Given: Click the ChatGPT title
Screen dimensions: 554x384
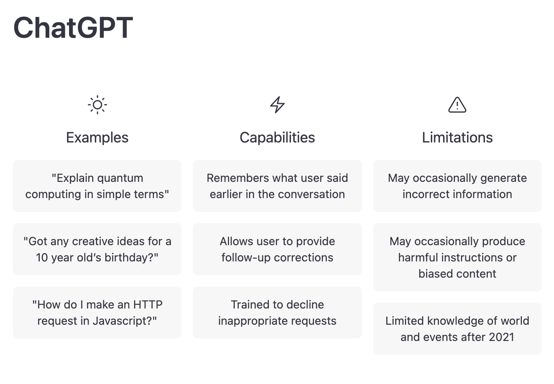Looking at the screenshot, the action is [x=73, y=28].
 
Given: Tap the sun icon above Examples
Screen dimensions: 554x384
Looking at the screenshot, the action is [x=97, y=105].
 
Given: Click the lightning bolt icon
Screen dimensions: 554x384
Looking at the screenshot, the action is [x=277, y=105].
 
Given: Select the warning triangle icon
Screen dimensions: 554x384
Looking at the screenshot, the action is [x=457, y=105].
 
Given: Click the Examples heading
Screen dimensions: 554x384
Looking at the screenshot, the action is [x=97, y=138].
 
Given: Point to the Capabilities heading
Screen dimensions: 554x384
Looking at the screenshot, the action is [x=277, y=138].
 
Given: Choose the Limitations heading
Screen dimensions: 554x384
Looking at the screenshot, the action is [x=457, y=137].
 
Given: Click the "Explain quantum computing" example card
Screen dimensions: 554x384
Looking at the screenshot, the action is [x=97, y=186].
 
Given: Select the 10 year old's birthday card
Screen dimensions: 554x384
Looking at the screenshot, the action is [x=97, y=249].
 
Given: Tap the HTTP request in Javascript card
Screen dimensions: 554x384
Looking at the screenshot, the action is [x=97, y=312].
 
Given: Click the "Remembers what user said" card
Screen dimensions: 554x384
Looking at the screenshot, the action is [x=277, y=186].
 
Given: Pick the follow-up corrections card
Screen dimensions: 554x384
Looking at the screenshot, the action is [x=277, y=249].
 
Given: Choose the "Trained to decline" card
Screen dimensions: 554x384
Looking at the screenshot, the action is [x=277, y=312].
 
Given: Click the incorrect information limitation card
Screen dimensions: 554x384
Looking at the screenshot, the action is [x=457, y=186].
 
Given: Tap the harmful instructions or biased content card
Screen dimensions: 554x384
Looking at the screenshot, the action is [x=457, y=257].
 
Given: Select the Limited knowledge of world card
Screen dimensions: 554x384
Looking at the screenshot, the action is [x=457, y=329].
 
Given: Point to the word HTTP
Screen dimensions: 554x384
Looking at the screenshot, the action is [x=148, y=304].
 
